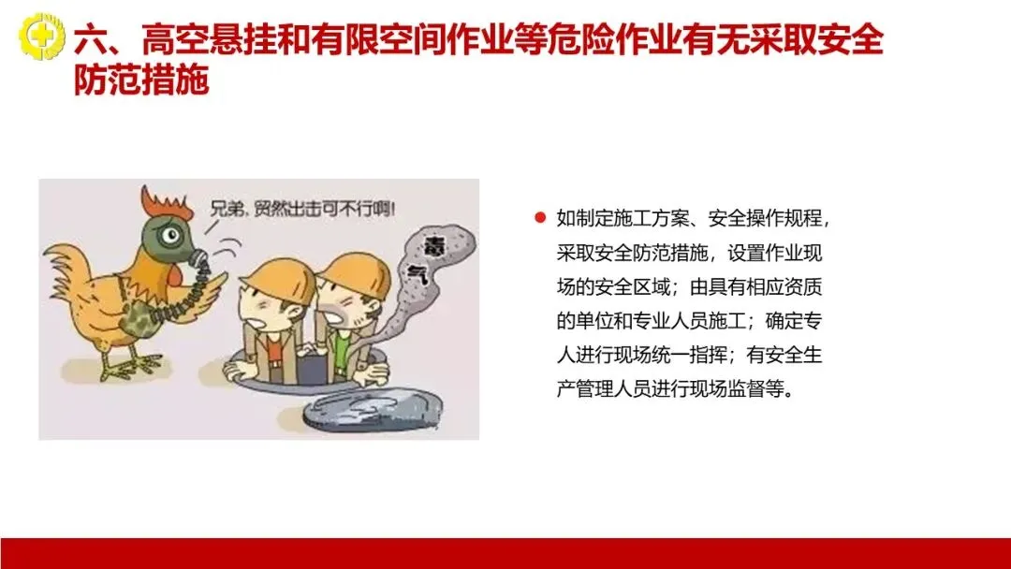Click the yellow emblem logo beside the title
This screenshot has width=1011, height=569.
[x=42, y=36]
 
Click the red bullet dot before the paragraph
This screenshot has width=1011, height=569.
[x=540, y=217]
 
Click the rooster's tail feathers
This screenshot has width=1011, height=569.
[x=67, y=276]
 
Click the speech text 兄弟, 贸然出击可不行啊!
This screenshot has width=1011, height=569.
[x=301, y=209]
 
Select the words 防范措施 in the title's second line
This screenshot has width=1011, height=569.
[x=141, y=80]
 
